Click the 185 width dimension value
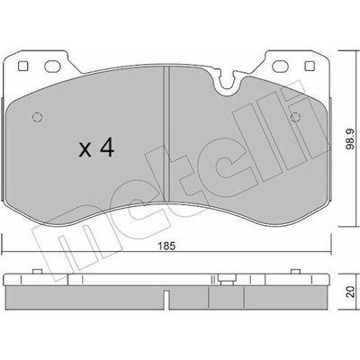pyautogui.click(x=166, y=246)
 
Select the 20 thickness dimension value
pyautogui.click(x=350, y=292)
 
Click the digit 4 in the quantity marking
pyautogui.click(x=106, y=148)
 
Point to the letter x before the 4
pyautogui.click(x=85, y=150)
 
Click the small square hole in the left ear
pyautogui.click(x=23, y=66)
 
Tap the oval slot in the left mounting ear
pyautogui.click(x=52, y=67)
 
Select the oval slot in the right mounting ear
pyautogui.click(x=280, y=67)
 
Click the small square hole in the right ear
pyautogui.click(x=310, y=66)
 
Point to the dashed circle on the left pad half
pyautogui.click(x=38, y=117)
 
